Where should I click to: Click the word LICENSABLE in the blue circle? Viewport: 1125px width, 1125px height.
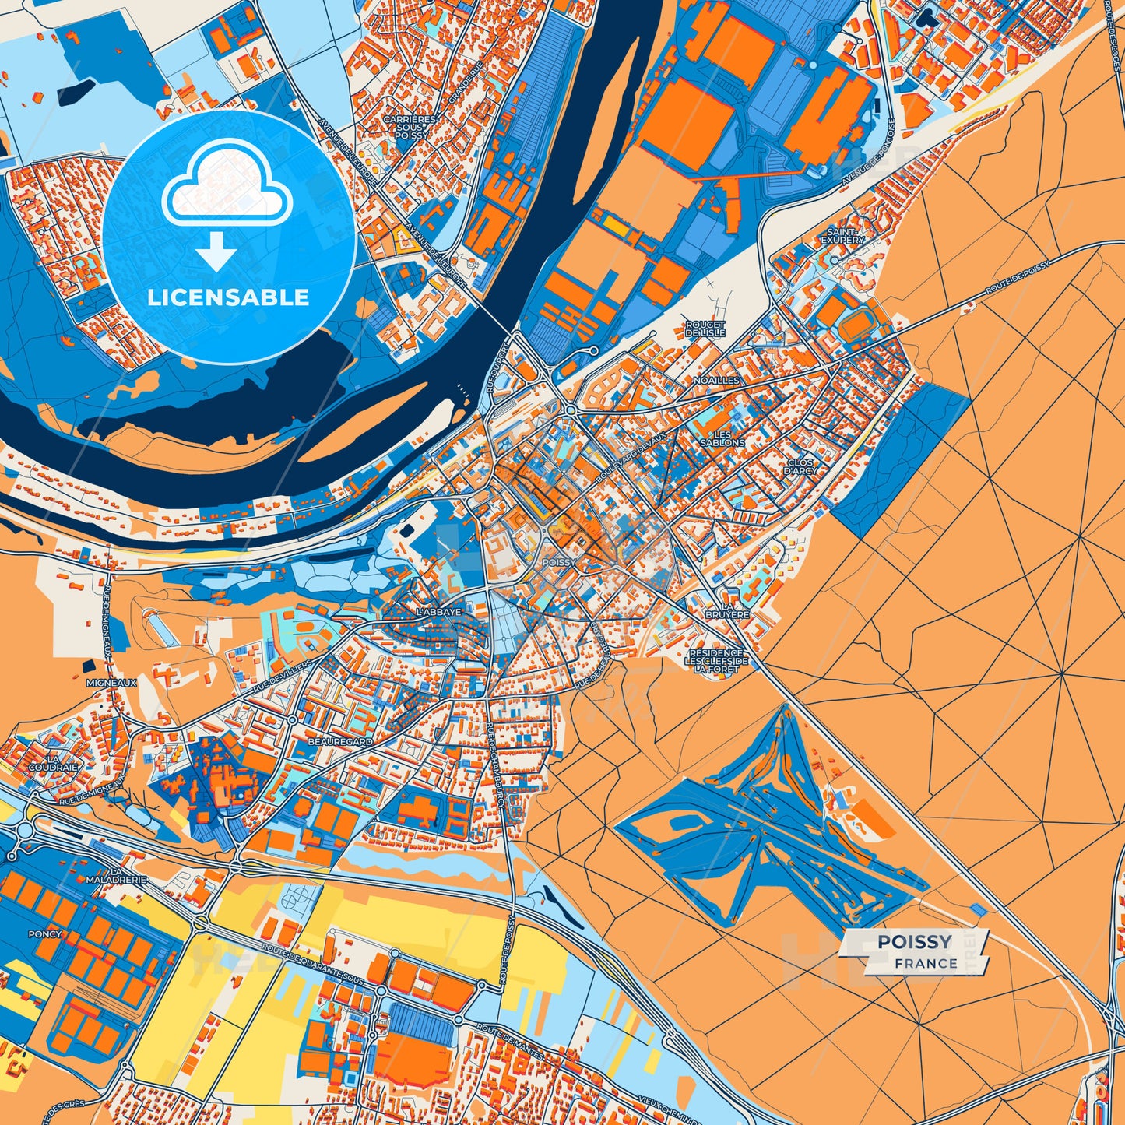coord(229,297)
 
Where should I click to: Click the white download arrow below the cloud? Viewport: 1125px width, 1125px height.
coord(216,251)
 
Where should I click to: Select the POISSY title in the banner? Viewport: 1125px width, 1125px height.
coord(915,943)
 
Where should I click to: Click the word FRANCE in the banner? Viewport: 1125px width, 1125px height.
coord(926,964)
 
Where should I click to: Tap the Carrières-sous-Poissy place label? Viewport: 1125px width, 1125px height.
coord(410,127)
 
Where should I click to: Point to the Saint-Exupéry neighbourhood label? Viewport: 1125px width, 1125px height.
coord(842,236)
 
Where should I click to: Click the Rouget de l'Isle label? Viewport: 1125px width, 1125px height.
coord(705,328)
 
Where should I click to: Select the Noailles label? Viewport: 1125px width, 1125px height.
coord(716,381)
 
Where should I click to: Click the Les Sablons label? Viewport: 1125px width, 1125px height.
coord(722,438)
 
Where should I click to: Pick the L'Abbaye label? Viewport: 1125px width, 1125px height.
coord(438,612)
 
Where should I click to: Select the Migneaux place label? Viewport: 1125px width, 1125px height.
coord(111,683)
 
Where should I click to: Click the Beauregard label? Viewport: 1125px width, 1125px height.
coord(339,743)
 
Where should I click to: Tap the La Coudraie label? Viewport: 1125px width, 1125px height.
coord(53,761)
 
